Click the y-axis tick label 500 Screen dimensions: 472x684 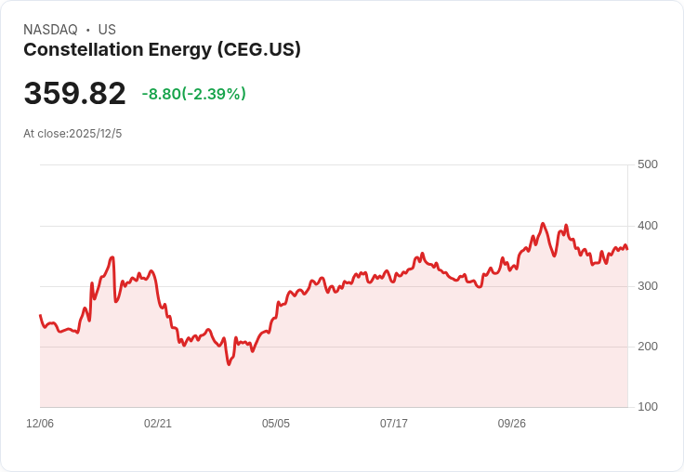(x=647, y=164)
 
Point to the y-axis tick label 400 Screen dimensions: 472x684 (x=647, y=226)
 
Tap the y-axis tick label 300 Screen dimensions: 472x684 (x=647, y=286)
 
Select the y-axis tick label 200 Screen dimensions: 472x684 (x=647, y=347)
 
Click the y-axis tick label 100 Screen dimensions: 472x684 (x=647, y=407)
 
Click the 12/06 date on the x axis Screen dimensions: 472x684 (x=40, y=424)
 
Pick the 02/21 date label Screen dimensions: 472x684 (x=158, y=424)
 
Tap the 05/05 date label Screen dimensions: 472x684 (x=276, y=424)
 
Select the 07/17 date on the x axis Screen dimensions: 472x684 (x=394, y=424)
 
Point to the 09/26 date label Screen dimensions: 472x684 (x=512, y=424)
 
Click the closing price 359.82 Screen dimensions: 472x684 (x=74, y=94)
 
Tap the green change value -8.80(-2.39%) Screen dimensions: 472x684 (x=193, y=94)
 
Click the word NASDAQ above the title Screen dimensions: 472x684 (x=50, y=30)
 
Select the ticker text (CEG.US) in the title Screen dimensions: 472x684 (x=258, y=50)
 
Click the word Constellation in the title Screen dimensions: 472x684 (x=78, y=50)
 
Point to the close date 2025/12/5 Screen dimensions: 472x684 (x=95, y=134)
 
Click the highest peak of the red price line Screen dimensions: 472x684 (x=543, y=223)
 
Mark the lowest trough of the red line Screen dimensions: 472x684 (x=229, y=364)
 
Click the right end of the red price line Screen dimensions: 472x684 (x=627, y=248)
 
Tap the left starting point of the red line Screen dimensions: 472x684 (x=40, y=316)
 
